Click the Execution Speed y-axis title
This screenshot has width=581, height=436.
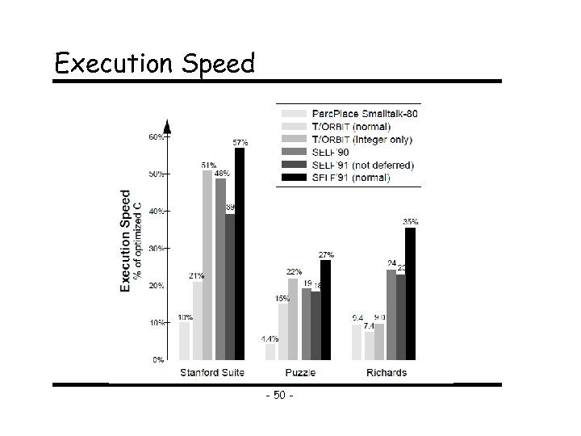127,241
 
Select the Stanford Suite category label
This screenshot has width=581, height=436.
211,373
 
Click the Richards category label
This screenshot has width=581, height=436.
386,373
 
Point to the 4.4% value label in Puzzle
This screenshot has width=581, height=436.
270,339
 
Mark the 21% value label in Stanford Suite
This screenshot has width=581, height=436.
197,276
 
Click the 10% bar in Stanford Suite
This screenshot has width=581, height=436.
185,340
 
